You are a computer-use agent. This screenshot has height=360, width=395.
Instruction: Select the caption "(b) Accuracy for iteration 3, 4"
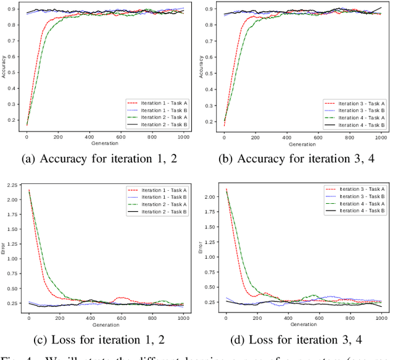[296, 159]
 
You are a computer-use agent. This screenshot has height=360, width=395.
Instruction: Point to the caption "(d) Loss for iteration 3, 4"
[296, 340]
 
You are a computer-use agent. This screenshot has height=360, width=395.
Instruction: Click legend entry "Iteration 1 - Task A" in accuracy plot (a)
[155, 103]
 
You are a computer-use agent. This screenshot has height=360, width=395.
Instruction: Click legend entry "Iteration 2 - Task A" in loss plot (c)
[156, 204]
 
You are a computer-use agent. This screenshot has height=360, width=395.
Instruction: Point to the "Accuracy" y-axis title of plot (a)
[4, 68]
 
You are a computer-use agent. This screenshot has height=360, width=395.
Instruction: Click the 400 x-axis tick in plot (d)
[288, 318]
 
